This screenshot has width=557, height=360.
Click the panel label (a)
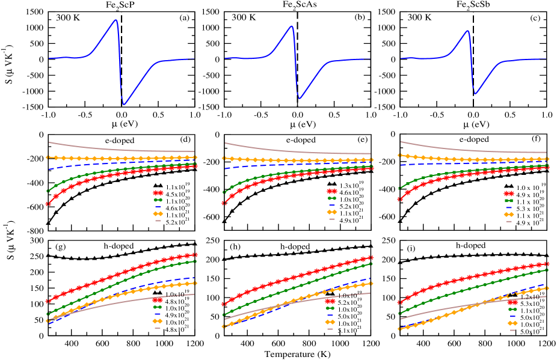[184, 17]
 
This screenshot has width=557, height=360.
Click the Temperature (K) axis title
[298, 355]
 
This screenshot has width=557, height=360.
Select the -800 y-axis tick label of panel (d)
[33, 231]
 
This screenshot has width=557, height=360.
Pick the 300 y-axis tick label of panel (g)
[35, 240]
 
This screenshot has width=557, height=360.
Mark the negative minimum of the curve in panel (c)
[475, 94]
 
